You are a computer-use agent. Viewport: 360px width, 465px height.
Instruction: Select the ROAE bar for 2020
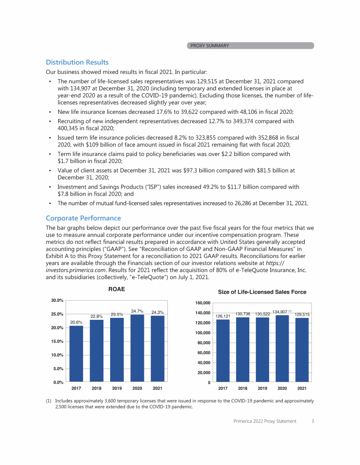click(x=137, y=348)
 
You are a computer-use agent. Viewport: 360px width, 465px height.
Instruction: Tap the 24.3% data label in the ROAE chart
click(x=157, y=312)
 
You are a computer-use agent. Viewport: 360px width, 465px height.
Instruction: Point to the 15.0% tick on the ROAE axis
click(x=57, y=341)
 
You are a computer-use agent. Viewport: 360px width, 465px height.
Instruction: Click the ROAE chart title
click(x=117, y=289)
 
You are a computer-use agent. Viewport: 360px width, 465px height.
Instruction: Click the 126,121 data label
click(x=223, y=316)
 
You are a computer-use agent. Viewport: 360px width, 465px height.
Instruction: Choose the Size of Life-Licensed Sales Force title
click(x=262, y=292)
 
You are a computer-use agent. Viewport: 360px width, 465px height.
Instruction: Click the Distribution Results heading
click(x=77, y=62)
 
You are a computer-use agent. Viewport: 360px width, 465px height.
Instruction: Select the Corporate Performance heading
click(x=83, y=218)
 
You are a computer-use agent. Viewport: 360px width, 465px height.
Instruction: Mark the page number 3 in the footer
click(x=312, y=421)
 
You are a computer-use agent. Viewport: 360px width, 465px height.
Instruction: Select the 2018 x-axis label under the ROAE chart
click(x=97, y=388)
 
